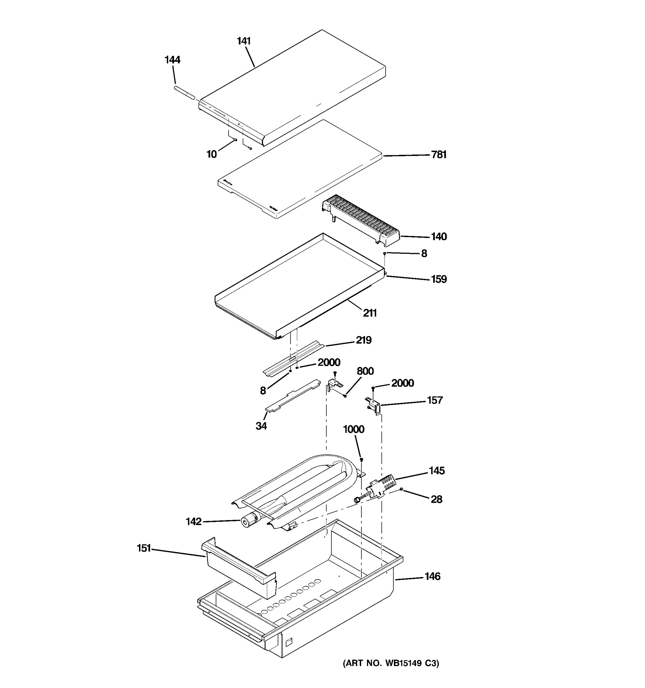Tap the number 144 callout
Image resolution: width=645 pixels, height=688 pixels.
(x=172, y=60)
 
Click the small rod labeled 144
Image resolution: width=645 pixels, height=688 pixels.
(x=184, y=93)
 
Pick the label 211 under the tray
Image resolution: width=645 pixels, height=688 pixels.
(x=370, y=313)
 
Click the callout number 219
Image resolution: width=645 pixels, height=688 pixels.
(x=364, y=340)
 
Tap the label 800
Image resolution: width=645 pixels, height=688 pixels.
(x=365, y=371)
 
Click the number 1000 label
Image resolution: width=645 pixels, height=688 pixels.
(x=353, y=429)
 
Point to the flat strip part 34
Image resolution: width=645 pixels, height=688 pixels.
(x=292, y=396)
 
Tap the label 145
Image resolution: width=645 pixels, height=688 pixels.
(x=437, y=471)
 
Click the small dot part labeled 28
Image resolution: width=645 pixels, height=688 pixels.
(x=401, y=489)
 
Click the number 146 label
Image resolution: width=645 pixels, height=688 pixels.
(x=433, y=576)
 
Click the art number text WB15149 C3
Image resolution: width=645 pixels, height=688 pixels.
(x=391, y=663)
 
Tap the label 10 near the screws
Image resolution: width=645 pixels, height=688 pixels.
(x=212, y=154)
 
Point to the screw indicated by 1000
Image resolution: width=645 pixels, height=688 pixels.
(x=361, y=460)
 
